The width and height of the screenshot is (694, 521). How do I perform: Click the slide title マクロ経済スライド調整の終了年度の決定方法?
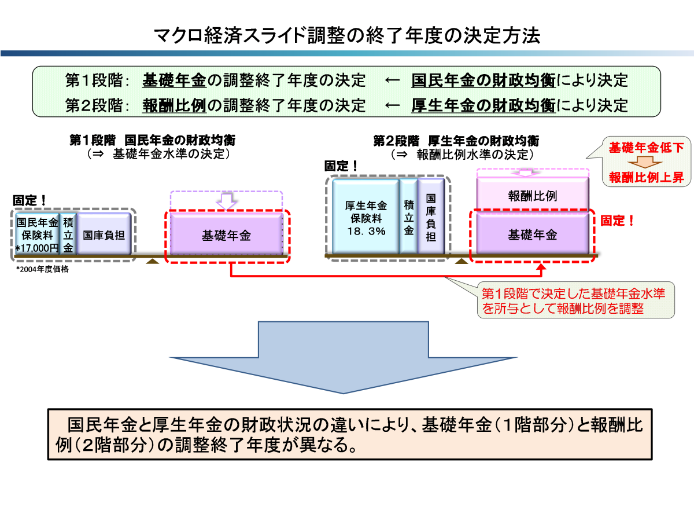coord(347,36)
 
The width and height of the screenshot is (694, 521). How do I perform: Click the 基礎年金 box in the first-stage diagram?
coord(226,236)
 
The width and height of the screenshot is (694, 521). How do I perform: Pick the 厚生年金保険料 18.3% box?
coord(366,216)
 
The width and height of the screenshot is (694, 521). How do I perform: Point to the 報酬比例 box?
coord(533,196)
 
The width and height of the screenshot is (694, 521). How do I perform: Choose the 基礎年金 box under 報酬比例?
coord(533,235)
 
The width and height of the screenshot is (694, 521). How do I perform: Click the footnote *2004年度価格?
coord(42,269)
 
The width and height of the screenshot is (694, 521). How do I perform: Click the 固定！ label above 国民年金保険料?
coord(29,200)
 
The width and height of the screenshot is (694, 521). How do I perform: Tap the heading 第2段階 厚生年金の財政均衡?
coord(456,141)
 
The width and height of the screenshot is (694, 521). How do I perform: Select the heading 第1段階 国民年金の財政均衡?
coord(153,141)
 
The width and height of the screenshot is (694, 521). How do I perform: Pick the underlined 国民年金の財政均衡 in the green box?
coord(483,80)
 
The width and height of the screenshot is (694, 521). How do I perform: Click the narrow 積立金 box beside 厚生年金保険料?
coord(409,216)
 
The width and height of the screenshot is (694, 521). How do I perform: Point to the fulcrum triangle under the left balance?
coord(152,262)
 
